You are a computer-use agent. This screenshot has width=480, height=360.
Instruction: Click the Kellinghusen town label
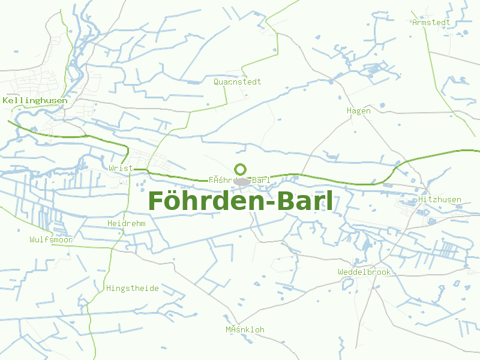point(35,100)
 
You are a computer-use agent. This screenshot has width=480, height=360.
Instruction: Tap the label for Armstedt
point(431,22)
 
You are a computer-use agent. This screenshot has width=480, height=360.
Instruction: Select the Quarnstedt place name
point(238,82)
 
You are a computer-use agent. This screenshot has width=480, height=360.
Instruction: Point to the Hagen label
point(359,110)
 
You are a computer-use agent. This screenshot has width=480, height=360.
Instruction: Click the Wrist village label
point(121,168)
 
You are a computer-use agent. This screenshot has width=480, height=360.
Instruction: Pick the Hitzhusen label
point(440,199)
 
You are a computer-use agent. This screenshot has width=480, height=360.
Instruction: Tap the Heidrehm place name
point(126,223)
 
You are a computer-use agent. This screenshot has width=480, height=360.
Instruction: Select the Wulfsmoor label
point(51,239)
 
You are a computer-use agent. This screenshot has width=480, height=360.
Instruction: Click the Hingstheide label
point(133,288)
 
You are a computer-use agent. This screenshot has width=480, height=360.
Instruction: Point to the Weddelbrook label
point(364,272)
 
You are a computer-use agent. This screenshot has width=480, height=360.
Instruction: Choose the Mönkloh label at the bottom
point(245,329)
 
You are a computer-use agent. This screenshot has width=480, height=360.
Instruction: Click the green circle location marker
point(241,169)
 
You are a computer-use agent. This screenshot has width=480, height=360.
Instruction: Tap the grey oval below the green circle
point(242,181)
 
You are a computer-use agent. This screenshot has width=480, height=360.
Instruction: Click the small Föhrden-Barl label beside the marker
point(239,180)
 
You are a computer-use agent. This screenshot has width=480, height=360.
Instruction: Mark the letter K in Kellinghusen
point(5,100)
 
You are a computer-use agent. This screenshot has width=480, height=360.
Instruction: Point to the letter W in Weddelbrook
point(340,272)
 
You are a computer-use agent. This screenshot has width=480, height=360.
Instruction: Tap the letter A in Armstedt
point(415,22)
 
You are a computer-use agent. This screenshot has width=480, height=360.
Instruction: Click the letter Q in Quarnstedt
point(216,82)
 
